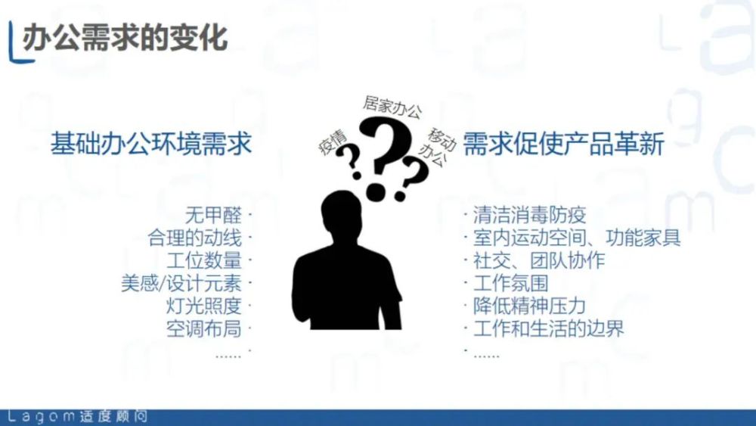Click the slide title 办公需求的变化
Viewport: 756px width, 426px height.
point(125,38)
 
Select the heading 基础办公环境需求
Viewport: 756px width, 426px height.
point(151,144)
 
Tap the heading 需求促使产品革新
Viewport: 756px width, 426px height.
point(564,144)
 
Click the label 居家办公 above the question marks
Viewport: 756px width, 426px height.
point(392,107)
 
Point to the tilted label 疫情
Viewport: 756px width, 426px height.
point(333,141)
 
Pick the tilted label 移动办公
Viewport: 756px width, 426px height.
point(437,146)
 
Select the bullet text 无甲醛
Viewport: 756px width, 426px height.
point(214,215)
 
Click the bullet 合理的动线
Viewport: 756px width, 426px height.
point(195,238)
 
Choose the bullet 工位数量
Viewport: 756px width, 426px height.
point(204,260)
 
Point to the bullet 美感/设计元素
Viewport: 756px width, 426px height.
point(181,283)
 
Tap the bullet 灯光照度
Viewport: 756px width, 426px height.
point(204,306)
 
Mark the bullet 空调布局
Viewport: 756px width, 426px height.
point(204,328)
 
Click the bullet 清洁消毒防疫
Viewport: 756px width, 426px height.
point(529,215)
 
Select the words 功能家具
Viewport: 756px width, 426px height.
point(643,238)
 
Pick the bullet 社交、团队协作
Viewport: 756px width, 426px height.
point(539,260)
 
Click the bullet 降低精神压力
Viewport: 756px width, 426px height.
point(529,306)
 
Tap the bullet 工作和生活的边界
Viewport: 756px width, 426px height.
point(549,328)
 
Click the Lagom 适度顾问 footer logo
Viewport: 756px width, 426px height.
point(77,416)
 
